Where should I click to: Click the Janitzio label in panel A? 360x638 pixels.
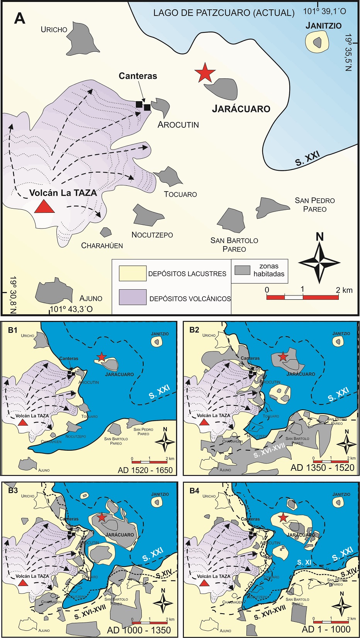point(323,26)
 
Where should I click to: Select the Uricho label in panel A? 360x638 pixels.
point(54,29)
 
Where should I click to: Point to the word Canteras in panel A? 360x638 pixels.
point(138,76)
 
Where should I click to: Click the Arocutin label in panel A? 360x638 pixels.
point(178,125)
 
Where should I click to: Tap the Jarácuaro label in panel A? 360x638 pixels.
point(241,109)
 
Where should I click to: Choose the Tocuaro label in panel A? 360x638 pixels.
point(180,194)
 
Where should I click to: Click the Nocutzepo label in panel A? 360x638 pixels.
point(152,235)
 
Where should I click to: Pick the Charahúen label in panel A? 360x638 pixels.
point(102,246)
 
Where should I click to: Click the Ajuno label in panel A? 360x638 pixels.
point(91,298)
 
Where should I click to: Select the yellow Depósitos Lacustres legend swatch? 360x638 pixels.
point(132,273)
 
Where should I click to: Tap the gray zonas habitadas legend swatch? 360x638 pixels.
point(243,270)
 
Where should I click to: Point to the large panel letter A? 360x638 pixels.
point(19,18)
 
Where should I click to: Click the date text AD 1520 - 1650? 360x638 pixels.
point(145,470)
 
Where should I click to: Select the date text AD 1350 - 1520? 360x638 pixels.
point(322,468)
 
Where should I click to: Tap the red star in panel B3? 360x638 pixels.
point(101,517)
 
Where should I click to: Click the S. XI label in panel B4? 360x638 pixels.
point(304,562)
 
